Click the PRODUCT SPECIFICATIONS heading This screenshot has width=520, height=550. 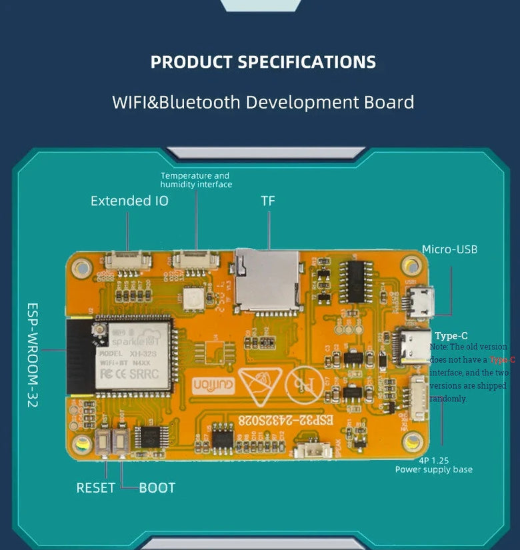[263, 62]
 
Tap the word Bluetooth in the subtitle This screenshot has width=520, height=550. [199, 102]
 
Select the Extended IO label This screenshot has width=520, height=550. [129, 201]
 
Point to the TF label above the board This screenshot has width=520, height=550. [268, 201]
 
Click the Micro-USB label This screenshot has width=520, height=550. [449, 249]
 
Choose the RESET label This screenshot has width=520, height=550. [95, 488]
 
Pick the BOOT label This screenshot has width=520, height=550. [157, 488]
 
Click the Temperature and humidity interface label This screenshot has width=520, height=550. [196, 180]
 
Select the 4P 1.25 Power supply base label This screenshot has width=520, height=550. [433, 465]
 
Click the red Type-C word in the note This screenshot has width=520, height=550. [502, 359]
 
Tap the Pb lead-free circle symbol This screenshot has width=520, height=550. [303, 385]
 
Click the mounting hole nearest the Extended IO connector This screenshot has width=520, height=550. [82, 268]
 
